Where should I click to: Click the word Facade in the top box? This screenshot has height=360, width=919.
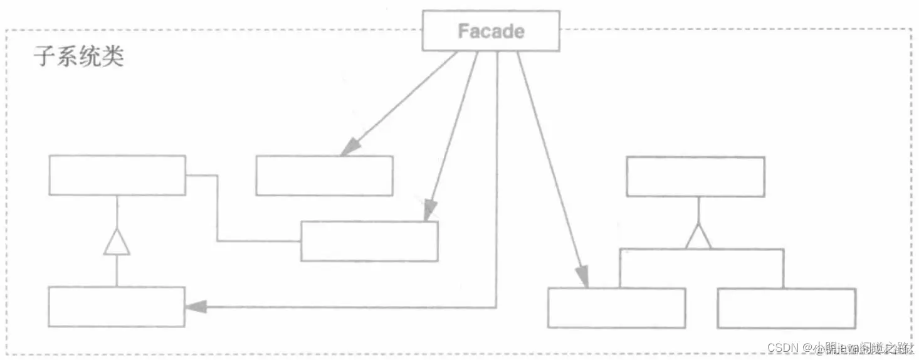[491, 31]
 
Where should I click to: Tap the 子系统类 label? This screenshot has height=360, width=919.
[78, 57]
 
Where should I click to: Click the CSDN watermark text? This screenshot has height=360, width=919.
[785, 347]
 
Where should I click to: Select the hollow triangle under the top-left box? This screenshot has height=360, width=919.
[117, 242]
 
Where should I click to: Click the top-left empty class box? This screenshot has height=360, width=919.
[117, 175]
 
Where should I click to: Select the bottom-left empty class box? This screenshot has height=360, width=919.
[117, 307]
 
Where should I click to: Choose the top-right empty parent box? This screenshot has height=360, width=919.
[695, 177]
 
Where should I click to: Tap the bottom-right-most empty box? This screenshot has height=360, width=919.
[786, 308]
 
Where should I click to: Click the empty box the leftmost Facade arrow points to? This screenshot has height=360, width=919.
[324, 176]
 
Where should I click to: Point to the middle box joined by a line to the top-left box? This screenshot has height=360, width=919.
[369, 241]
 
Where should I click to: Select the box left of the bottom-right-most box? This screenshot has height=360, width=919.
[616, 308]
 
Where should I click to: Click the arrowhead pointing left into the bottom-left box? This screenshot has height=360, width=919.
[196, 307]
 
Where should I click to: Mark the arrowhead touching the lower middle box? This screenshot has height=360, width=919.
[429, 210]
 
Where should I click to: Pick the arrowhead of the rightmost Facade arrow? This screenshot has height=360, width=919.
[582, 276]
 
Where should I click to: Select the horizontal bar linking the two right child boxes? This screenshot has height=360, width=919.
[701, 250]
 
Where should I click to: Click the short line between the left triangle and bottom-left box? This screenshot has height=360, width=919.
[117, 271]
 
